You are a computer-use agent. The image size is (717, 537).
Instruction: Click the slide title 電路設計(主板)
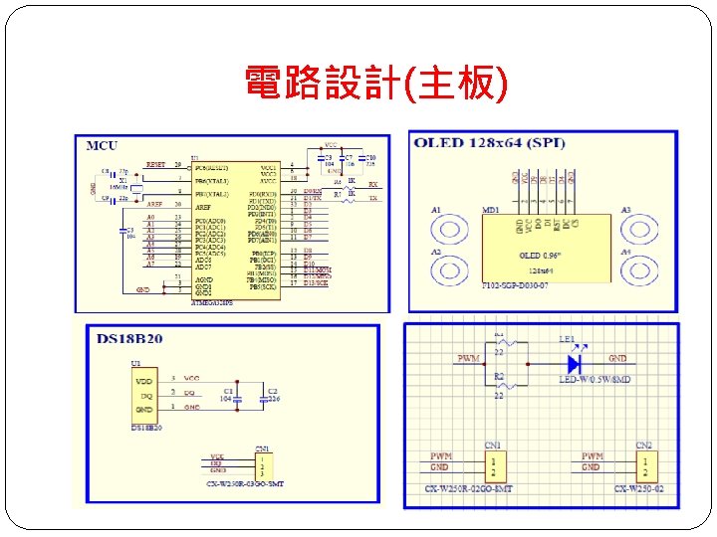point(376,85)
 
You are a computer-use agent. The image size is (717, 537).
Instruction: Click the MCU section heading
point(102,145)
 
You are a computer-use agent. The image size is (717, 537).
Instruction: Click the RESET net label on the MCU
point(155,163)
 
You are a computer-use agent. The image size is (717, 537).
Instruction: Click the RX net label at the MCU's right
point(372,185)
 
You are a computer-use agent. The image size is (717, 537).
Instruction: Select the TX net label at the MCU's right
point(372,199)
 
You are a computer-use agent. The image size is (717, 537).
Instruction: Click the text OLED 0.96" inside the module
point(538,257)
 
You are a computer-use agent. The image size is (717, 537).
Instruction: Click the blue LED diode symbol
point(575,364)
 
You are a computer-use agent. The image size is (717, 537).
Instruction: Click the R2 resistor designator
point(500,377)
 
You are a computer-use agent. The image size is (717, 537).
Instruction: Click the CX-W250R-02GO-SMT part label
point(467,489)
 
